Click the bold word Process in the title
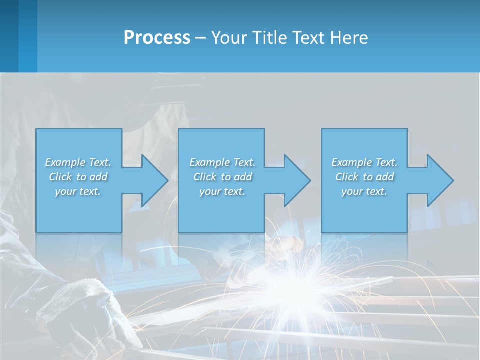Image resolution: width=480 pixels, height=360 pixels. [x=157, y=38]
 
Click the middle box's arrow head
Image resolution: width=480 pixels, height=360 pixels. [x=296, y=180]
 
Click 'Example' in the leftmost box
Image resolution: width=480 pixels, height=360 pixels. [x=65, y=162]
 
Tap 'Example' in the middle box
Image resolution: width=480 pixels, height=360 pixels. [x=209, y=162]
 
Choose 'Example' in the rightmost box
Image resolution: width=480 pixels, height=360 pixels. [x=351, y=162]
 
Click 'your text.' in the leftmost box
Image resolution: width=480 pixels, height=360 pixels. [x=78, y=191]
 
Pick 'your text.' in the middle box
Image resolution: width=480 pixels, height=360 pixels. [x=222, y=191]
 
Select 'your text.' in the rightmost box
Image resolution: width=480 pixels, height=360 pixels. [x=364, y=191]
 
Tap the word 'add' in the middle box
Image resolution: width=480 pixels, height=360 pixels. [x=243, y=177]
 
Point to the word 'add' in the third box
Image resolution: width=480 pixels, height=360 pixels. [x=385, y=177]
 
